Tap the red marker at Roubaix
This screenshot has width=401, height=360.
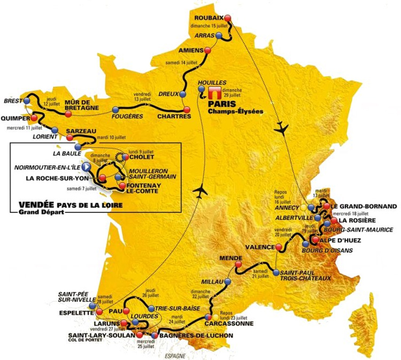point(228,17)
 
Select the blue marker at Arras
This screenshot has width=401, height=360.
point(219,35)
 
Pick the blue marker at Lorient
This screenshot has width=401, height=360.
point(55,129)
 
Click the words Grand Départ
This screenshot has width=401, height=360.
point(34,212)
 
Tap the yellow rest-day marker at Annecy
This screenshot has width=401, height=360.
point(304,207)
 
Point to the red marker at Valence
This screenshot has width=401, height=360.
point(278,247)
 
